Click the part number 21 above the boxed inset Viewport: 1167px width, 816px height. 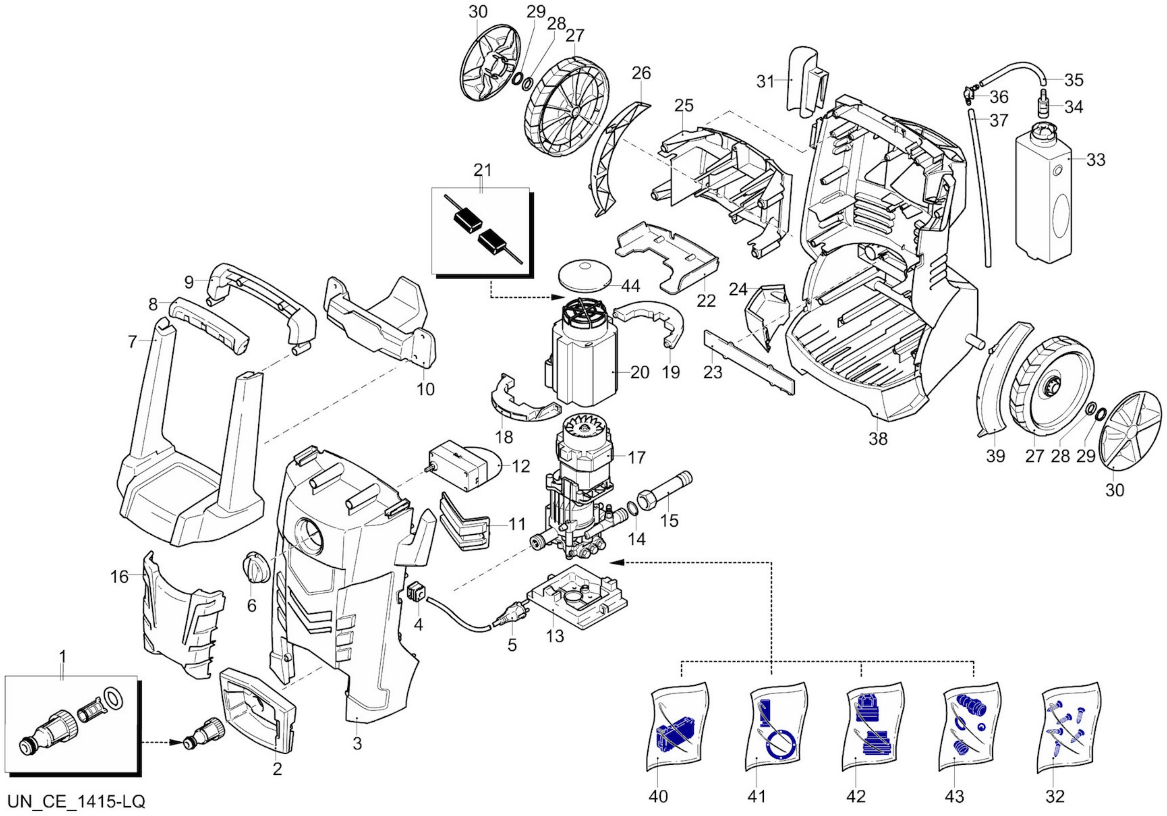point(482,170)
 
